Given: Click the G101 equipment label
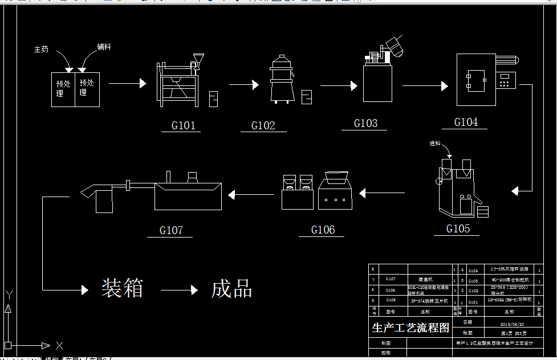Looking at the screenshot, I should [x=184, y=125].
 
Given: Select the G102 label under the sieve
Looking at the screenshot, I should [x=263, y=125].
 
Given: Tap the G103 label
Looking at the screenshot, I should [x=365, y=123].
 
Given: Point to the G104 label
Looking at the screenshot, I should [x=466, y=122].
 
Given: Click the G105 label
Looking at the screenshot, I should [x=458, y=228].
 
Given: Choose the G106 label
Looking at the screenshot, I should [x=323, y=230].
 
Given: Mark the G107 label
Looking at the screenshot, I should [x=171, y=230].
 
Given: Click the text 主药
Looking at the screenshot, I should [x=42, y=50].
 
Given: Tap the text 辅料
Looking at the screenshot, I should [x=104, y=47].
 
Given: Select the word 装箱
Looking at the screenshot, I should [x=122, y=288].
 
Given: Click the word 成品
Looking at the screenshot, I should [x=231, y=289].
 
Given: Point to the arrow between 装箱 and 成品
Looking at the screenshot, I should [x=179, y=291].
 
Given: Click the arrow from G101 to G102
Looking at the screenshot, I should [x=244, y=85].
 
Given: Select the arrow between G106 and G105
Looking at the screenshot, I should [x=374, y=194].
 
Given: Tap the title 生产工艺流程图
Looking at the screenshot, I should [x=410, y=328].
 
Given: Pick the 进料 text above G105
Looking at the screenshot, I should [x=435, y=143].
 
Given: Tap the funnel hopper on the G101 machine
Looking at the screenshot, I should [x=198, y=59].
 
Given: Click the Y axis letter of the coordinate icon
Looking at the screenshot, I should [x=9, y=294].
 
